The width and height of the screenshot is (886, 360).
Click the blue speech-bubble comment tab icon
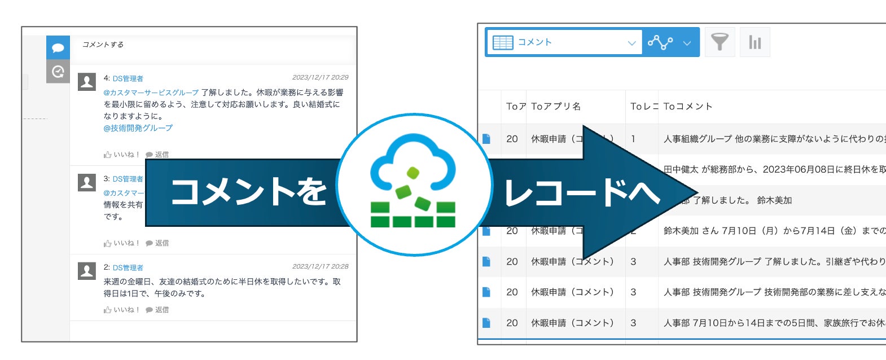(58, 48)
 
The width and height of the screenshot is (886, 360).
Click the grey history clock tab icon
(58, 72)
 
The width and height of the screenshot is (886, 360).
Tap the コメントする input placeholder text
(103, 45)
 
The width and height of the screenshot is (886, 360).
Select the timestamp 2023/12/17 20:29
(320, 77)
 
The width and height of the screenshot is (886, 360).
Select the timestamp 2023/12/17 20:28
(320, 266)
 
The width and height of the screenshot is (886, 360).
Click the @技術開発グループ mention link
(138, 128)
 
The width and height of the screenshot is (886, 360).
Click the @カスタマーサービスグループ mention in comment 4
(151, 93)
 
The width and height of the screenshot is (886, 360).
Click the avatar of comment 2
(87, 271)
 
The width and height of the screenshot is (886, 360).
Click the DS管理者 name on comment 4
(128, 78)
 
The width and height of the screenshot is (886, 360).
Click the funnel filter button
(720, 42)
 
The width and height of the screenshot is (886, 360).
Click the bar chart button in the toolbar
(755, 42)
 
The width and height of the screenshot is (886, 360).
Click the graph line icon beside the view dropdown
(660, 42)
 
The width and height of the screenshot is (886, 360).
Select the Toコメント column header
(687, 106)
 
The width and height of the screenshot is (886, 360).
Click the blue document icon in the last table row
(486, 323)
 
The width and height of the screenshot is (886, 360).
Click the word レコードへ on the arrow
(581, 192)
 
